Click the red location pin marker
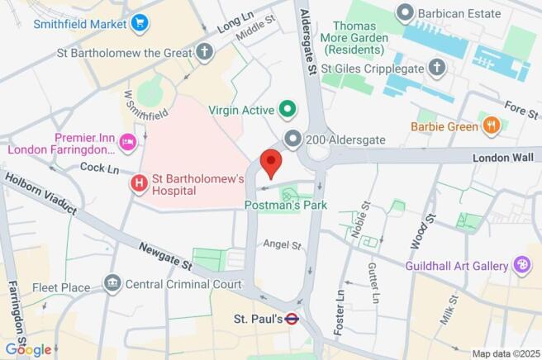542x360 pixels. (x=271, y=162)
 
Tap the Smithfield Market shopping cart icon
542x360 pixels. (x=138, y=22)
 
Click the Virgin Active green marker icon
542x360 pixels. (x=288, y=108)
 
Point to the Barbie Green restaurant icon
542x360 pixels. (x=492, y=126)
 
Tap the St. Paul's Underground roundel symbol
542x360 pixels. (x=292, y=319)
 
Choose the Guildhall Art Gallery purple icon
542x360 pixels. (x=521, y=266)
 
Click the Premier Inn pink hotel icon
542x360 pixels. (x=128, y=143)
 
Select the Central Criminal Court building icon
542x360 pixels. (x=112, y=284)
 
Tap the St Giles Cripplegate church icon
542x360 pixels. (x=437, y=68)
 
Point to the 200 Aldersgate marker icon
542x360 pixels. (x=292, y=140)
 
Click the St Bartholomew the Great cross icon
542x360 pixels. (x=204, y=51)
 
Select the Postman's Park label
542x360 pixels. (x=286, y=205)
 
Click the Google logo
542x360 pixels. (x=28, y=348)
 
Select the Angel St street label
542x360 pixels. (x=278, y=244)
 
